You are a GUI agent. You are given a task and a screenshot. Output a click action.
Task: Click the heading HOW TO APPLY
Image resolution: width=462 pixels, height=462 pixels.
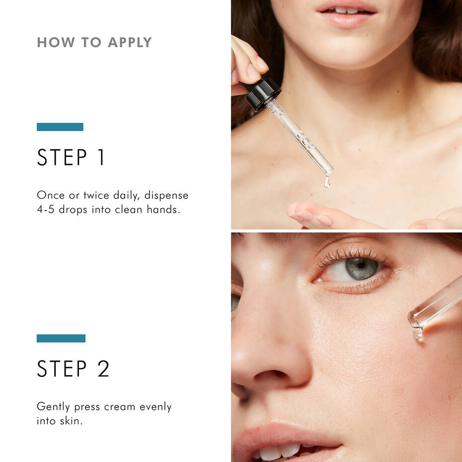pyautogui.click(x=94, y=42)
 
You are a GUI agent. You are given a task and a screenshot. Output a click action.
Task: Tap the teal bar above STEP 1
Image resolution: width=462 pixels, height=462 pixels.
pyautogui.click(x=60, y=127)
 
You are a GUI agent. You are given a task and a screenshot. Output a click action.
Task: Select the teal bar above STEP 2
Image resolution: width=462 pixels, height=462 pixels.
pyautogui.click(x=61, y=338)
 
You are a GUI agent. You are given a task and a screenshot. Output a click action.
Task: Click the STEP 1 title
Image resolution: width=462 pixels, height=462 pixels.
pyautogui.click(x=71, y=157)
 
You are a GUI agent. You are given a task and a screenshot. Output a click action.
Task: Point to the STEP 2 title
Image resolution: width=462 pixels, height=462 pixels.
pyautogui.click(x=73, y=369)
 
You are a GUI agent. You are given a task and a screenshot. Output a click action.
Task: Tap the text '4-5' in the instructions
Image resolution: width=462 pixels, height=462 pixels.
pyautogui.click(x=46, y=210)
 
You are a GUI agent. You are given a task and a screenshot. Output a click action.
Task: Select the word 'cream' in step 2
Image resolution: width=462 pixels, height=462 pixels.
pyautogui.click(x=119, y=407)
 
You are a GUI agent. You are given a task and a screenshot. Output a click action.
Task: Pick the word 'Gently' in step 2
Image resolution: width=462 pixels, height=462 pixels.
pyautogui.click(x=54, y=407)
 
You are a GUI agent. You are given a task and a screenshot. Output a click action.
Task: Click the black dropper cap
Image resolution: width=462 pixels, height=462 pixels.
pyautogui.click(x=263, y=93)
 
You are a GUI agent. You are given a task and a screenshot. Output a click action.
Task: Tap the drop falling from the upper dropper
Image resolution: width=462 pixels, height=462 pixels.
pyautogui.click(x=327, y=181)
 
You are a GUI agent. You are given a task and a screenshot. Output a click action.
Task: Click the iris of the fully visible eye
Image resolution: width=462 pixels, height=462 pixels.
pyautogui.click(x=361, y=268)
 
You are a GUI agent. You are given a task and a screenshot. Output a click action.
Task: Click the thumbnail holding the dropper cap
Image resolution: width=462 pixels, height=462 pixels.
pyautogui.click(x=253, y=73)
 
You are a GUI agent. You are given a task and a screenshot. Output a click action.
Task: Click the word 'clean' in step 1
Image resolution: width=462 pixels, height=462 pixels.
pyautogui.click(x=128, y=210)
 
